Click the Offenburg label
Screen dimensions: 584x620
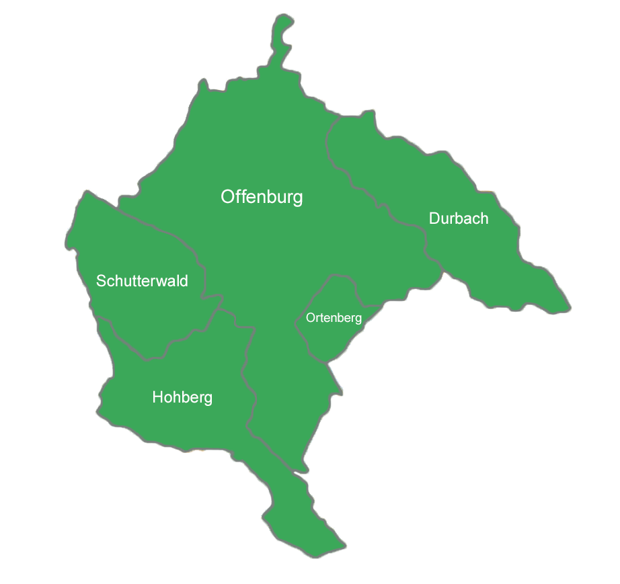pyautogui.click(x=262, y=197)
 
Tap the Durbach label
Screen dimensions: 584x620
pyautogui.click(x=459, y=218)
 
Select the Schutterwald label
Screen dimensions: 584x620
pyautogui.click(x=142, y=280)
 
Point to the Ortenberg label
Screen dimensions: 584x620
pyautogui.click(x=334, y=318)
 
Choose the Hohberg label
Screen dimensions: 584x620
pyautogui.click(x=182, y=397)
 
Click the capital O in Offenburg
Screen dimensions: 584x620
pyautogui.click(x=228, y=197)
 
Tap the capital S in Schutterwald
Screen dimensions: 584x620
pyautogui.click(x=101, y=281)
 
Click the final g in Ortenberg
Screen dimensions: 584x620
pyautogui.click(x=358, y=319)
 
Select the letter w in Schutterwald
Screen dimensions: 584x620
pyautogui.click(x=157, y=281)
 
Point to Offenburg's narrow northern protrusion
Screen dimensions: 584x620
pyautogui.click(x=283, y=40)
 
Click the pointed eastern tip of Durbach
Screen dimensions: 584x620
pyautogui.click(x=570, y=309)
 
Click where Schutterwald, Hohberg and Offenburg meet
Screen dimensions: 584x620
pyautogui.click(x=219, y=309)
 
